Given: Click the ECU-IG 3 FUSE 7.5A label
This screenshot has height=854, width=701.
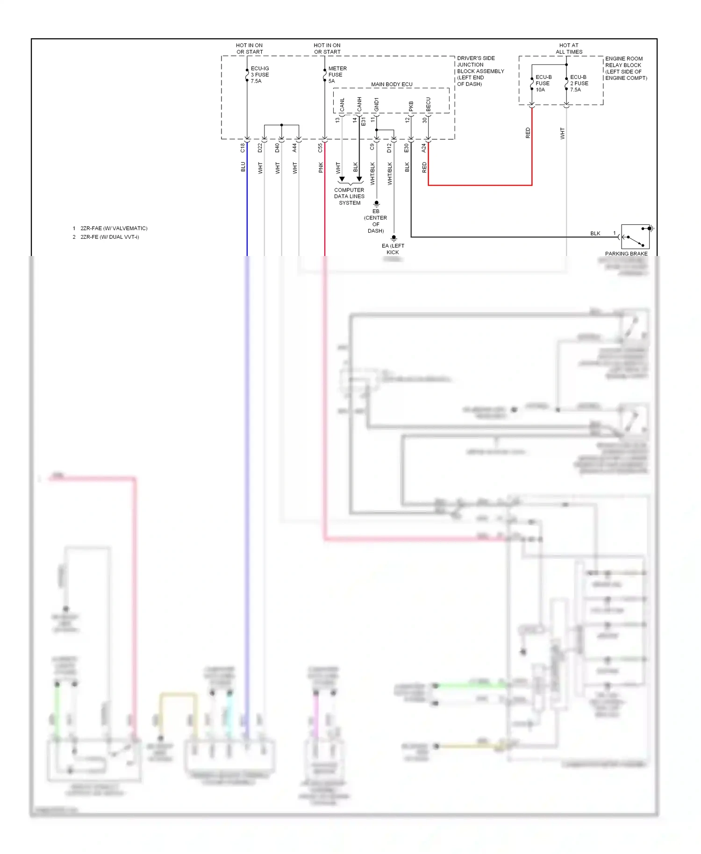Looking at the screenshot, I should [x=259, y=75].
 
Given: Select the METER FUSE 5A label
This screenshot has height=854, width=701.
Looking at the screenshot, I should [x=337, y=75].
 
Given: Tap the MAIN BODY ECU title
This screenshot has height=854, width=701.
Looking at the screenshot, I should [x=392, y=85].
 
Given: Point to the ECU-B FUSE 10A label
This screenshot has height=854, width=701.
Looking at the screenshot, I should [x=543, y=83].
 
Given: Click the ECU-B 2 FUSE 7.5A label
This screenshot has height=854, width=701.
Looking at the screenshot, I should [x=579, y=83].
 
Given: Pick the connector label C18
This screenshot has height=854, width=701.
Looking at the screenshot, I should [x=243, y=148].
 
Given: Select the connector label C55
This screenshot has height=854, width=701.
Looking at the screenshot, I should [x=320, y=148].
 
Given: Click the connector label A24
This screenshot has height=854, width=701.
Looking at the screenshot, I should [x=424, y=148].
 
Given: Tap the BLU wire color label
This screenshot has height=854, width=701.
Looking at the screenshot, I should [x=243, y=167].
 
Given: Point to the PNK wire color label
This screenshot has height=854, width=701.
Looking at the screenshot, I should [x=321, y=167].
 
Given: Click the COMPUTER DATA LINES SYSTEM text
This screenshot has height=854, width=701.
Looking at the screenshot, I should [x=349, y=196].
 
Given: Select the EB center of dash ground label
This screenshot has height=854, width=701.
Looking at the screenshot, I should [x=376, y=221].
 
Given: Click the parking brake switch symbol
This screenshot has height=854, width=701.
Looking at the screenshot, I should [x=635, y=236].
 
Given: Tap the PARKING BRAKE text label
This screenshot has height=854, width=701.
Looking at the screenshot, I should [x=626, y=254].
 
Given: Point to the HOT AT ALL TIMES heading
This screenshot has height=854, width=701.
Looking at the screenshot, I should [x=569, y=49].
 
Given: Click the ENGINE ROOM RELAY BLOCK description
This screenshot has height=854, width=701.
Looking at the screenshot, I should [x=625, y=68].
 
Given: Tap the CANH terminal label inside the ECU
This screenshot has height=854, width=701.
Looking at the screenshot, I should [x=359, y=104].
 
